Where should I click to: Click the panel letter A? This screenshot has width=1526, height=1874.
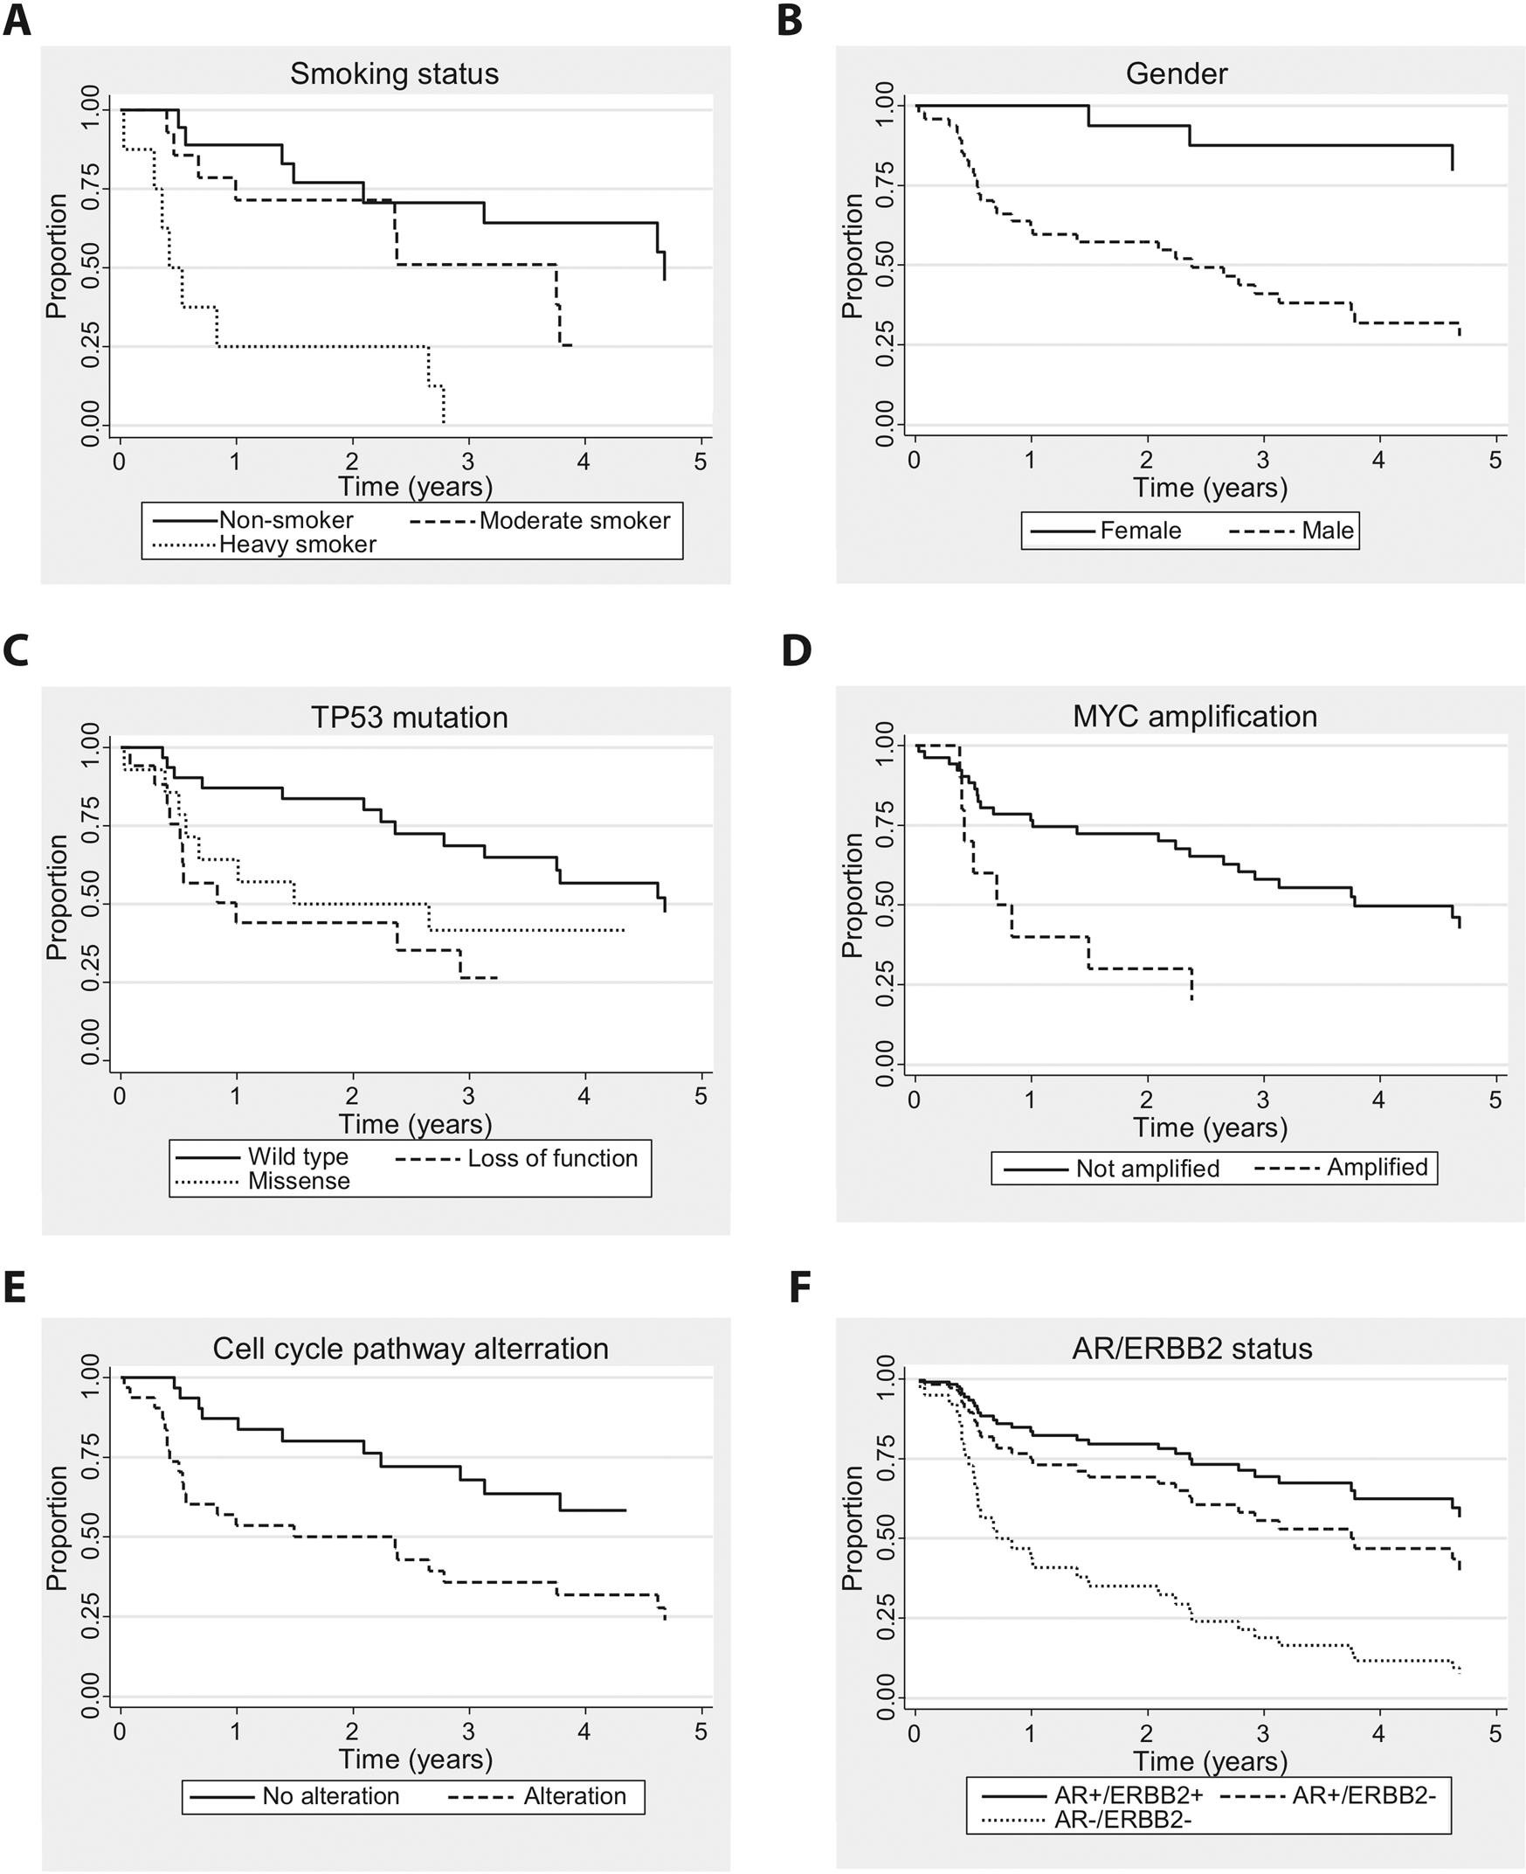[x=17, y=19]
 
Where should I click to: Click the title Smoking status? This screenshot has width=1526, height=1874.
[x=394, y=74]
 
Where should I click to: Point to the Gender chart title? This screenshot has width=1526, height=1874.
[x=1176, y=74]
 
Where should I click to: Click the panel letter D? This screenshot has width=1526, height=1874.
[x=796, y=651]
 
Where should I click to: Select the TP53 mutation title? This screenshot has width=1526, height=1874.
[x=409, y=718]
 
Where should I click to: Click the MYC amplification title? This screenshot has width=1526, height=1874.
[x=1194, y=717]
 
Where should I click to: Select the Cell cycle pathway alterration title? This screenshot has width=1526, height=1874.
[x=411, y=1349]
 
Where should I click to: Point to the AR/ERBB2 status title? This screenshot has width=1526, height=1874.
[x=1192, y=1349]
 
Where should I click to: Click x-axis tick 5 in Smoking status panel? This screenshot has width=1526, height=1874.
[x=701, y=462]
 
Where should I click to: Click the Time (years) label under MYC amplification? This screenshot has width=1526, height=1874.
[x=1210, y=1128]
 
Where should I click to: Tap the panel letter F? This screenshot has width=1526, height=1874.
[x=799, y=1287]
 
